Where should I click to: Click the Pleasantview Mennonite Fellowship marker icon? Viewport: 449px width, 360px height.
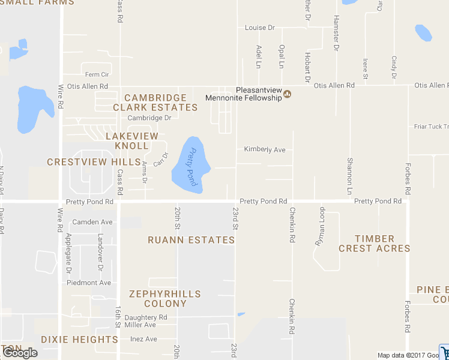(287, 94)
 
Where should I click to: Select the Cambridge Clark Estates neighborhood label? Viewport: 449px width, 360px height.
(155, 103)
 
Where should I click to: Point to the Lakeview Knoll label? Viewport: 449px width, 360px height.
(132, 141)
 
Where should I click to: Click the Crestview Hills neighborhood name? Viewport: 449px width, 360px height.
(93, 162)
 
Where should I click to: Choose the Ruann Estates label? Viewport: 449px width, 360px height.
(191, 240)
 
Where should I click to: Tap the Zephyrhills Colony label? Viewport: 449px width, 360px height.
(165, 299)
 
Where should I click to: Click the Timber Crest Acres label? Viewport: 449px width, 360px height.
(374, 244)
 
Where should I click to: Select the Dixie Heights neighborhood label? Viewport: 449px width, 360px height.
(79, 340)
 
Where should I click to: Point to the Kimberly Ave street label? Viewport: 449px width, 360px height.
(265, 149)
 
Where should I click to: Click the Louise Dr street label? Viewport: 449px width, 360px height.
(259, 28)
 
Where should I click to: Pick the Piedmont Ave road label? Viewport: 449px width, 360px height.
(89, 283)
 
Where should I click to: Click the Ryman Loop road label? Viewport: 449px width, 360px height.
(321, 227)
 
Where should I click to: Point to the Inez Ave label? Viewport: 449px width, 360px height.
(143, 339)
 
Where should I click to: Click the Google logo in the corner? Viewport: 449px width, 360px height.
(20, 353)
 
